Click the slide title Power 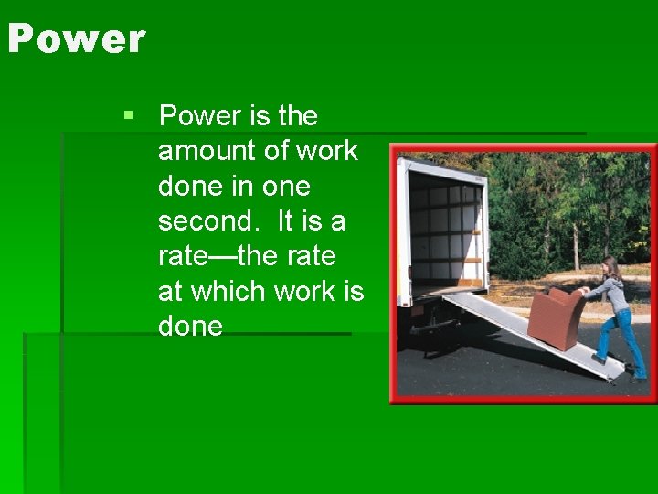coord(76,39)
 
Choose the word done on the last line coord(190,327)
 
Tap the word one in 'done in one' coord(286,187)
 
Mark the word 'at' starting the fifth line coord(170,292)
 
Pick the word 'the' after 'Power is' coord(297,116)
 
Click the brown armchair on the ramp coord(554,316)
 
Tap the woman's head coord(610,267)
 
